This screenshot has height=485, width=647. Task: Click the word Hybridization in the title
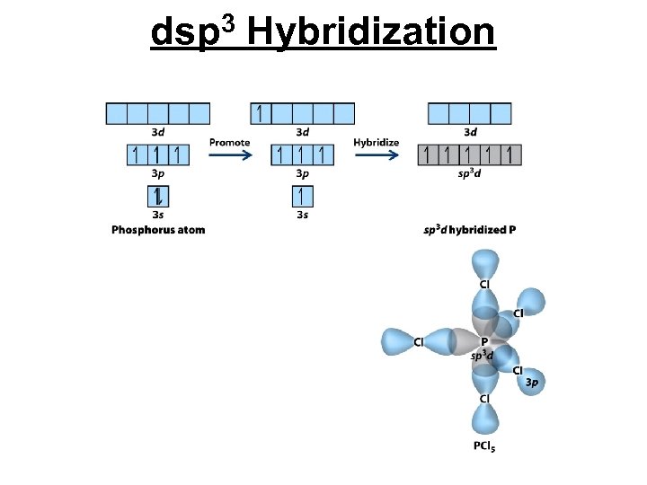pyautogui.click(x=369, y=33)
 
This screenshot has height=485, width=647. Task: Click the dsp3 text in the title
pyautogui.click(x=192, y=33)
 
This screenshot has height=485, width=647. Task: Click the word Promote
pyautogui.click(x=229, y=143)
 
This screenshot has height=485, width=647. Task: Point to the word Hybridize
pyautogui.click(x=376, y=143)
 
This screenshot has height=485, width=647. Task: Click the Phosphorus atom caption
pyautogui.click(x=158, y=230)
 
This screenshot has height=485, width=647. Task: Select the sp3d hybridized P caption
pyautogui.click(x=470, y=230)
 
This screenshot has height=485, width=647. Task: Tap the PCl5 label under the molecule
pyautogui.click(x=483, y=447)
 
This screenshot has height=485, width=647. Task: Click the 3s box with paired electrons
pyautogui.click(x=157, y=196)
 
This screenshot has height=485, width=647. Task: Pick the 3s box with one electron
pyautogui.click(x=302, y=196)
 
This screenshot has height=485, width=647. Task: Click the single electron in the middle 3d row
pyautogui.click(x=260, y=113)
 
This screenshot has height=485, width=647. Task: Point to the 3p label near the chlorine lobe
pyautogui.click(x=532, y=383)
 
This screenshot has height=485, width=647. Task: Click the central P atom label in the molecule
pyautogui.click(x=484, y=342)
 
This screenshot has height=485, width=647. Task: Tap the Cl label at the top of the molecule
pyautogui.click(x=484, y=285)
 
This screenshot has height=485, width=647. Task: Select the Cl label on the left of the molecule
pyautogui.click(x=419, y=342)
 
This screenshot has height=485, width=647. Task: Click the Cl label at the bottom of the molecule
pyautogui.click(x=484, y=398)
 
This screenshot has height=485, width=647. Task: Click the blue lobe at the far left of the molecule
pyautogui.click(x=396, y=341)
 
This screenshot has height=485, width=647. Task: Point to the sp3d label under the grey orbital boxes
pyautogui.click(x=470, y=173)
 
